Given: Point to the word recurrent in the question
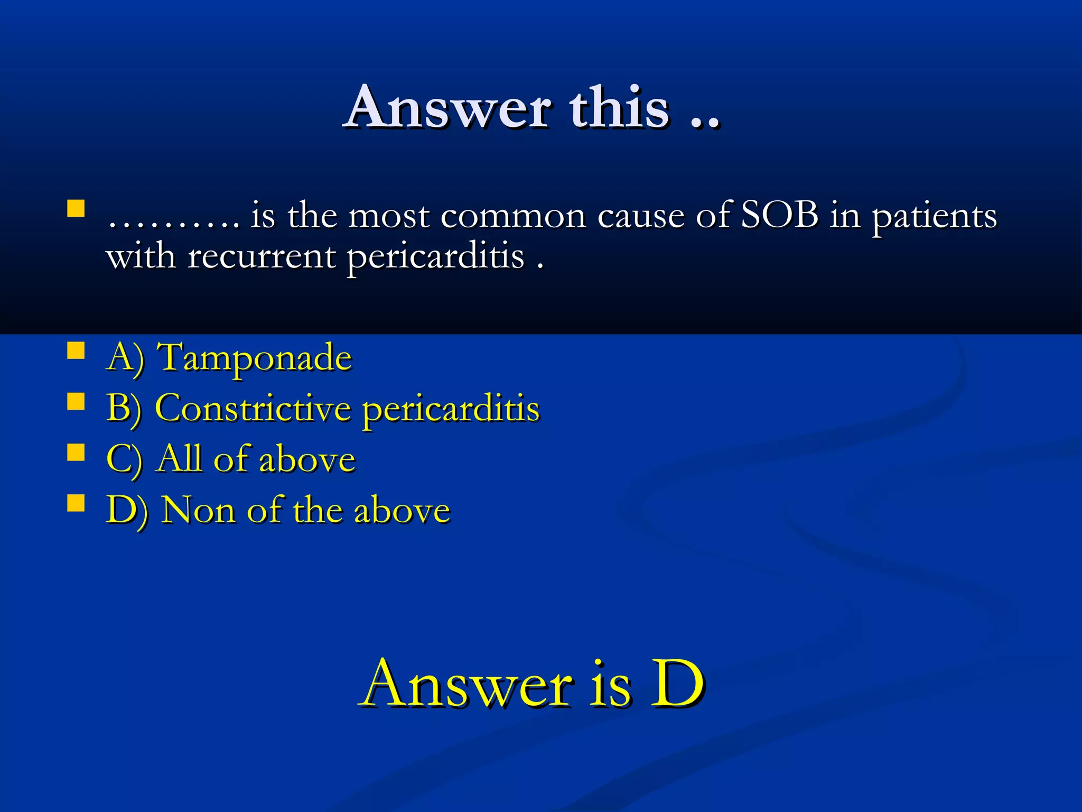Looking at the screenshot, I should click(x=262, y=257).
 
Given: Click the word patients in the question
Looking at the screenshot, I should click(x=934, y=217).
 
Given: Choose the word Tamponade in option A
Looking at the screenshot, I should click(x=256, y=358).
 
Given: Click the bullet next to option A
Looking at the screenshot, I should click(x=76, y=350).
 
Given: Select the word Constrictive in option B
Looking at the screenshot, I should click(x=253, y=408).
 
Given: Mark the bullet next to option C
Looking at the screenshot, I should click(x=76, y=452).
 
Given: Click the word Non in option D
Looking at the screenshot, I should click(x=198, y=510).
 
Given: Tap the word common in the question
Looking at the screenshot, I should click(x=513, y=217).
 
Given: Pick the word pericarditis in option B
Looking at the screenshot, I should click(x=451, y=410).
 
